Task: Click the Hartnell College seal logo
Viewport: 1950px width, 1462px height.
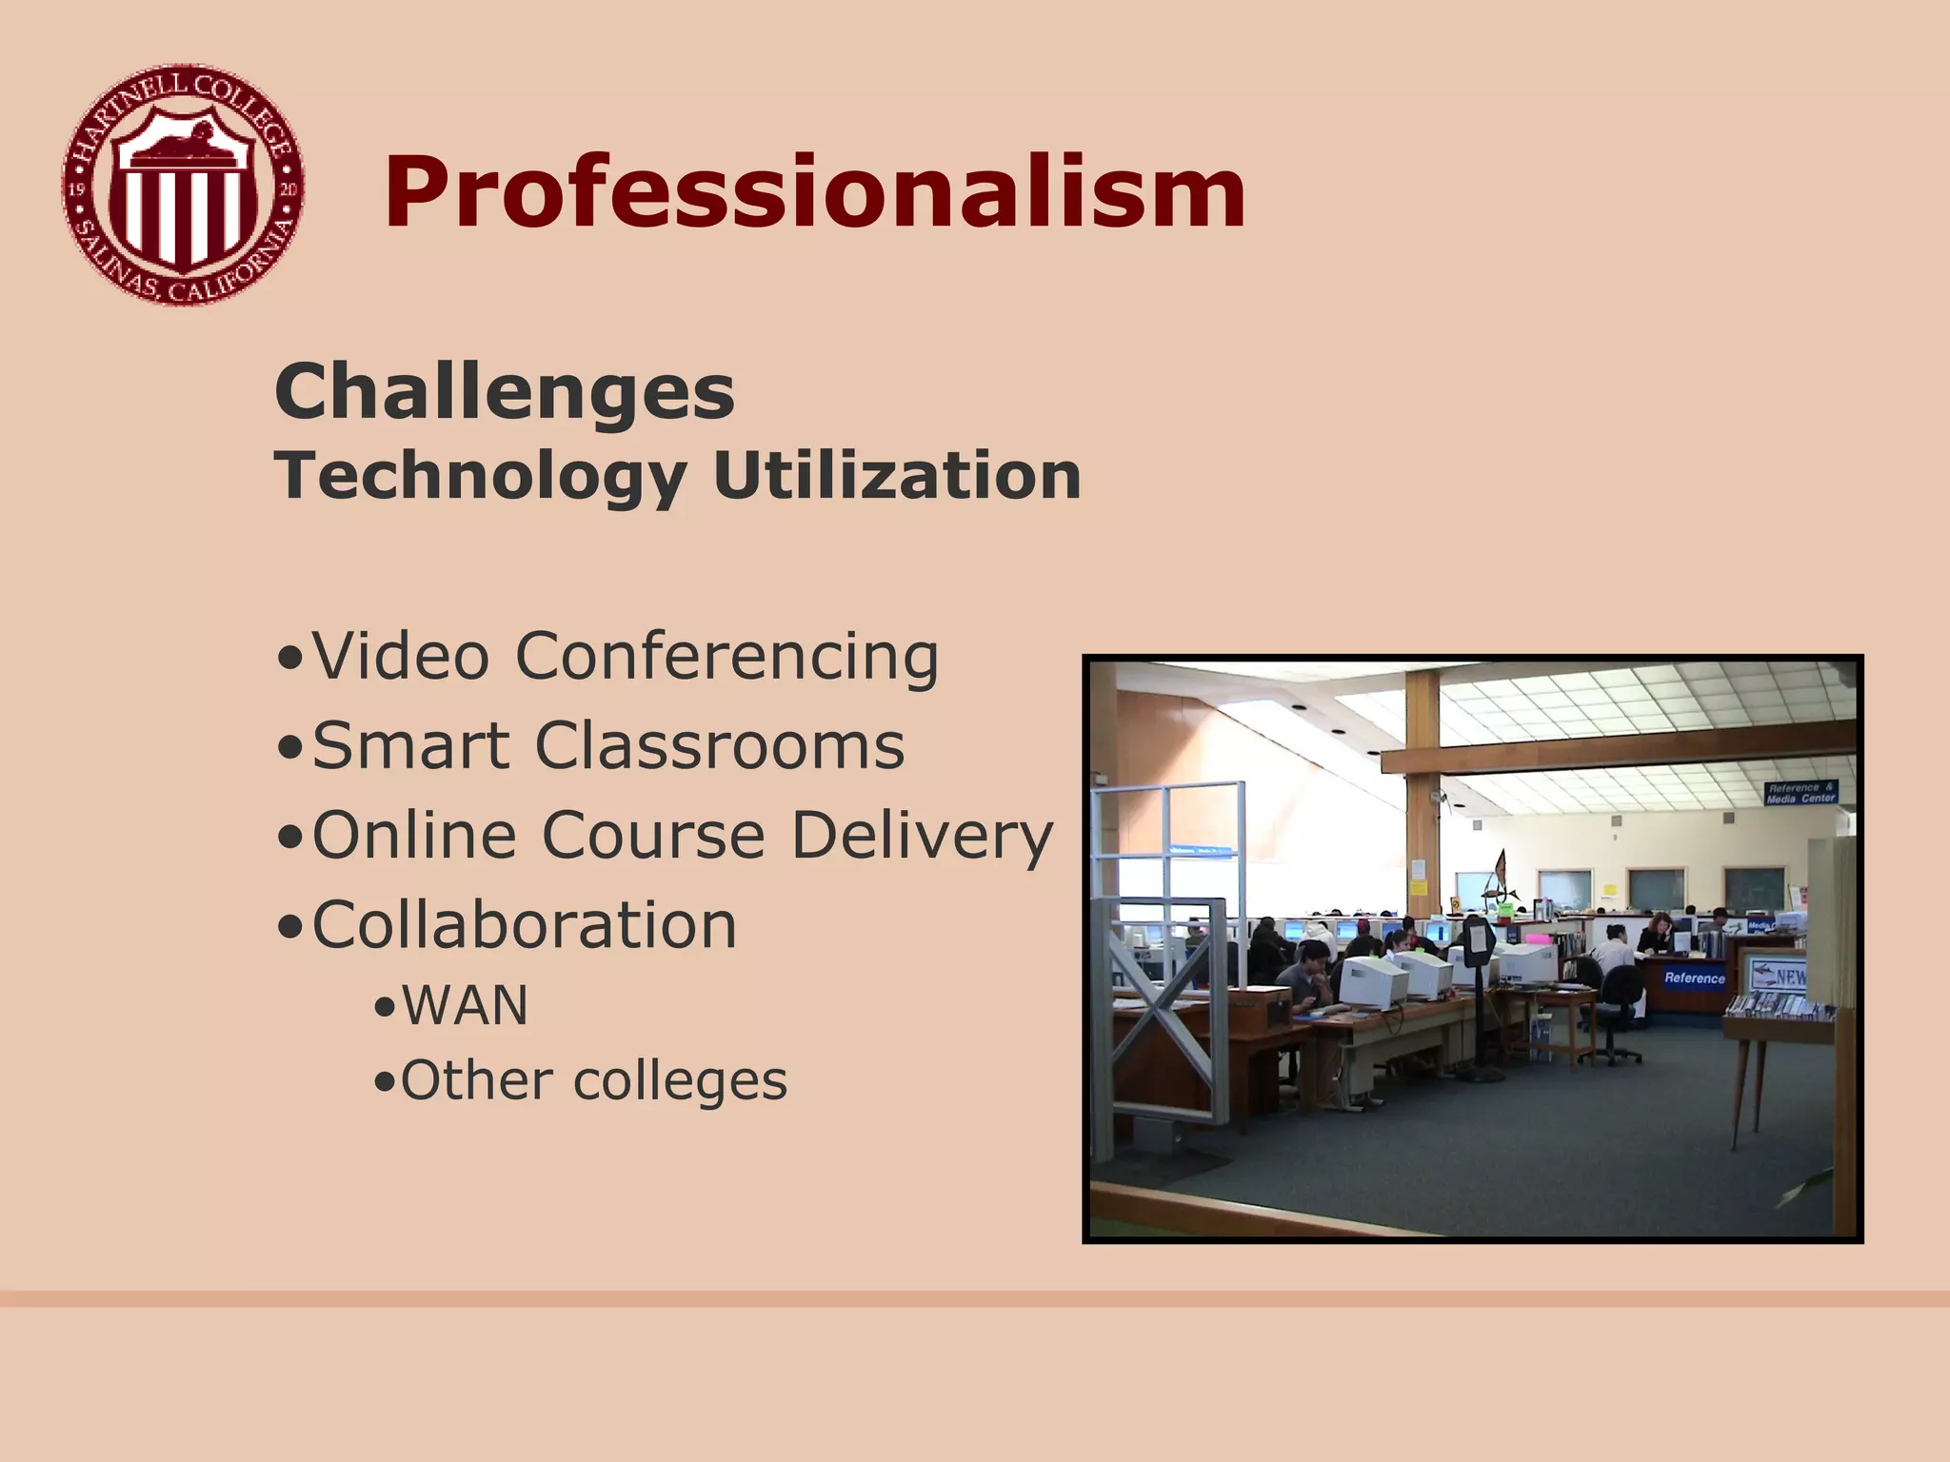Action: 183,185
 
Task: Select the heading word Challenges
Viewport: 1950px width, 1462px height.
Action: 504,392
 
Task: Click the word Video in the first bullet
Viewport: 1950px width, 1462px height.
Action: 401,657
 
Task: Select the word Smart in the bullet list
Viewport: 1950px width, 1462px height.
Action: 410,745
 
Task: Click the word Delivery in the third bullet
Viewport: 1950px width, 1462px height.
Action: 922,836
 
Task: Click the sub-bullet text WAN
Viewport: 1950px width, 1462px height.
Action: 465,1006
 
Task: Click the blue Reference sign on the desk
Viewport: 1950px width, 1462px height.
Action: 1694,978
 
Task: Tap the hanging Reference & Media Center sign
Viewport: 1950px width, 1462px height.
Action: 1801,793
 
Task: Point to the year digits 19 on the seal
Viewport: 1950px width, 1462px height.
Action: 77,188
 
